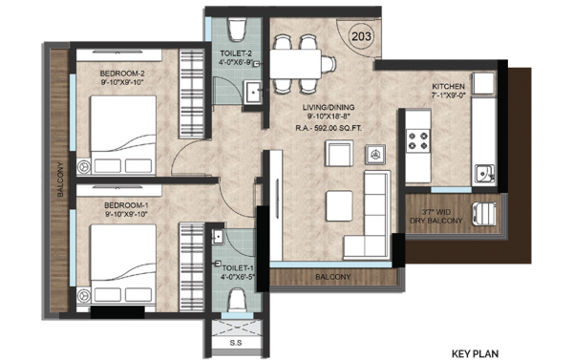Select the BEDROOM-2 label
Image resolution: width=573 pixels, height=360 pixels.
pos(124,74)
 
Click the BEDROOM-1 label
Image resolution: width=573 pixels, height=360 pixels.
pos(124,206)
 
